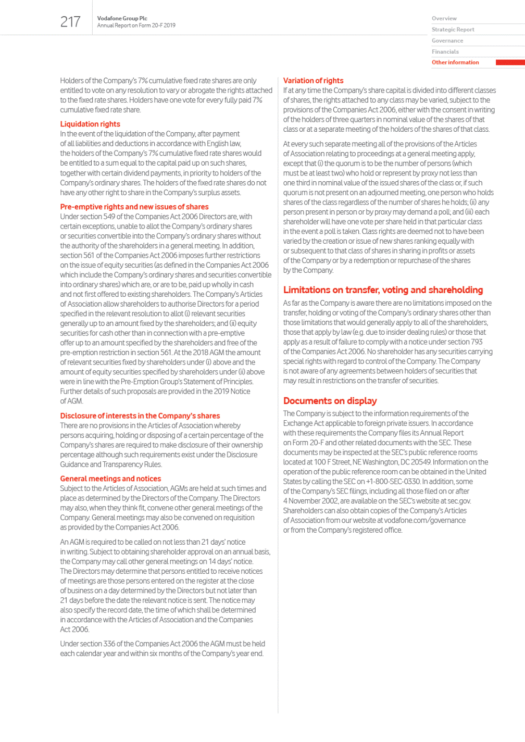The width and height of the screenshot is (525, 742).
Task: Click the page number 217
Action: (x=70, y=22)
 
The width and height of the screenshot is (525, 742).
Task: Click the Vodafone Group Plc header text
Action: (x=122, y=18)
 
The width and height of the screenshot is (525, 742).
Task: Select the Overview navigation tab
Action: (x=444, y=18)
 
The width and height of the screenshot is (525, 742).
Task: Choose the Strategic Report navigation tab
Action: (x=453, y=30)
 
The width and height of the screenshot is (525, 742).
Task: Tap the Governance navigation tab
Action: (x=447, y=41)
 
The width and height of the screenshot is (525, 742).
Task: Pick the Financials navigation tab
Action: (x=445, y=52)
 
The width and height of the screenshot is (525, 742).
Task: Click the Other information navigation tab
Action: (x=455, y=62)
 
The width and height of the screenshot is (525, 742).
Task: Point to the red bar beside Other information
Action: (x=510, y=62)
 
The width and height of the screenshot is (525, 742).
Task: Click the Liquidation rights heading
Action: (x=90, y=124)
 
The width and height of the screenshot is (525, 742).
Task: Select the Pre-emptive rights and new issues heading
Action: (x=134, y=207)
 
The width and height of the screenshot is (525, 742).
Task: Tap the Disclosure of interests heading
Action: (x=140, y=416)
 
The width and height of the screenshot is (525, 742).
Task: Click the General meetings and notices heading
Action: (x=110, y=479)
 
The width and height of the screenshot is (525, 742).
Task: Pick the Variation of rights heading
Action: (x=313, y=81)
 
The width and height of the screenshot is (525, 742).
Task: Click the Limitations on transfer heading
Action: (x=383, y=290)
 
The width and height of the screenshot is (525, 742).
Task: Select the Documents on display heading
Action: (x=330, y=401)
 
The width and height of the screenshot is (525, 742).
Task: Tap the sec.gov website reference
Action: (x=459, y=501)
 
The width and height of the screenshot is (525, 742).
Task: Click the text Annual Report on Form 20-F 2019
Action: (x=136, y=26)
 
